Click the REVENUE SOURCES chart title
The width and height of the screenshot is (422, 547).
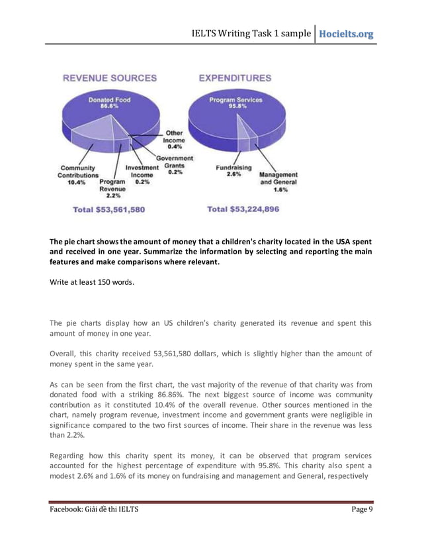pyautogui.click(x=110, y=78)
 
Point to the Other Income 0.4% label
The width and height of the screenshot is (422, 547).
pyautogui.click(x=175, y=140)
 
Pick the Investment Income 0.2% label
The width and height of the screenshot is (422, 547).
pyautogui.click(x=140, y=175)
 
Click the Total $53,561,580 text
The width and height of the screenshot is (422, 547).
pyautogui.click(x=109, y=209)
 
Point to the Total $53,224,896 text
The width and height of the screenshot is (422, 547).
pyautogui.click(x=243, y=209)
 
